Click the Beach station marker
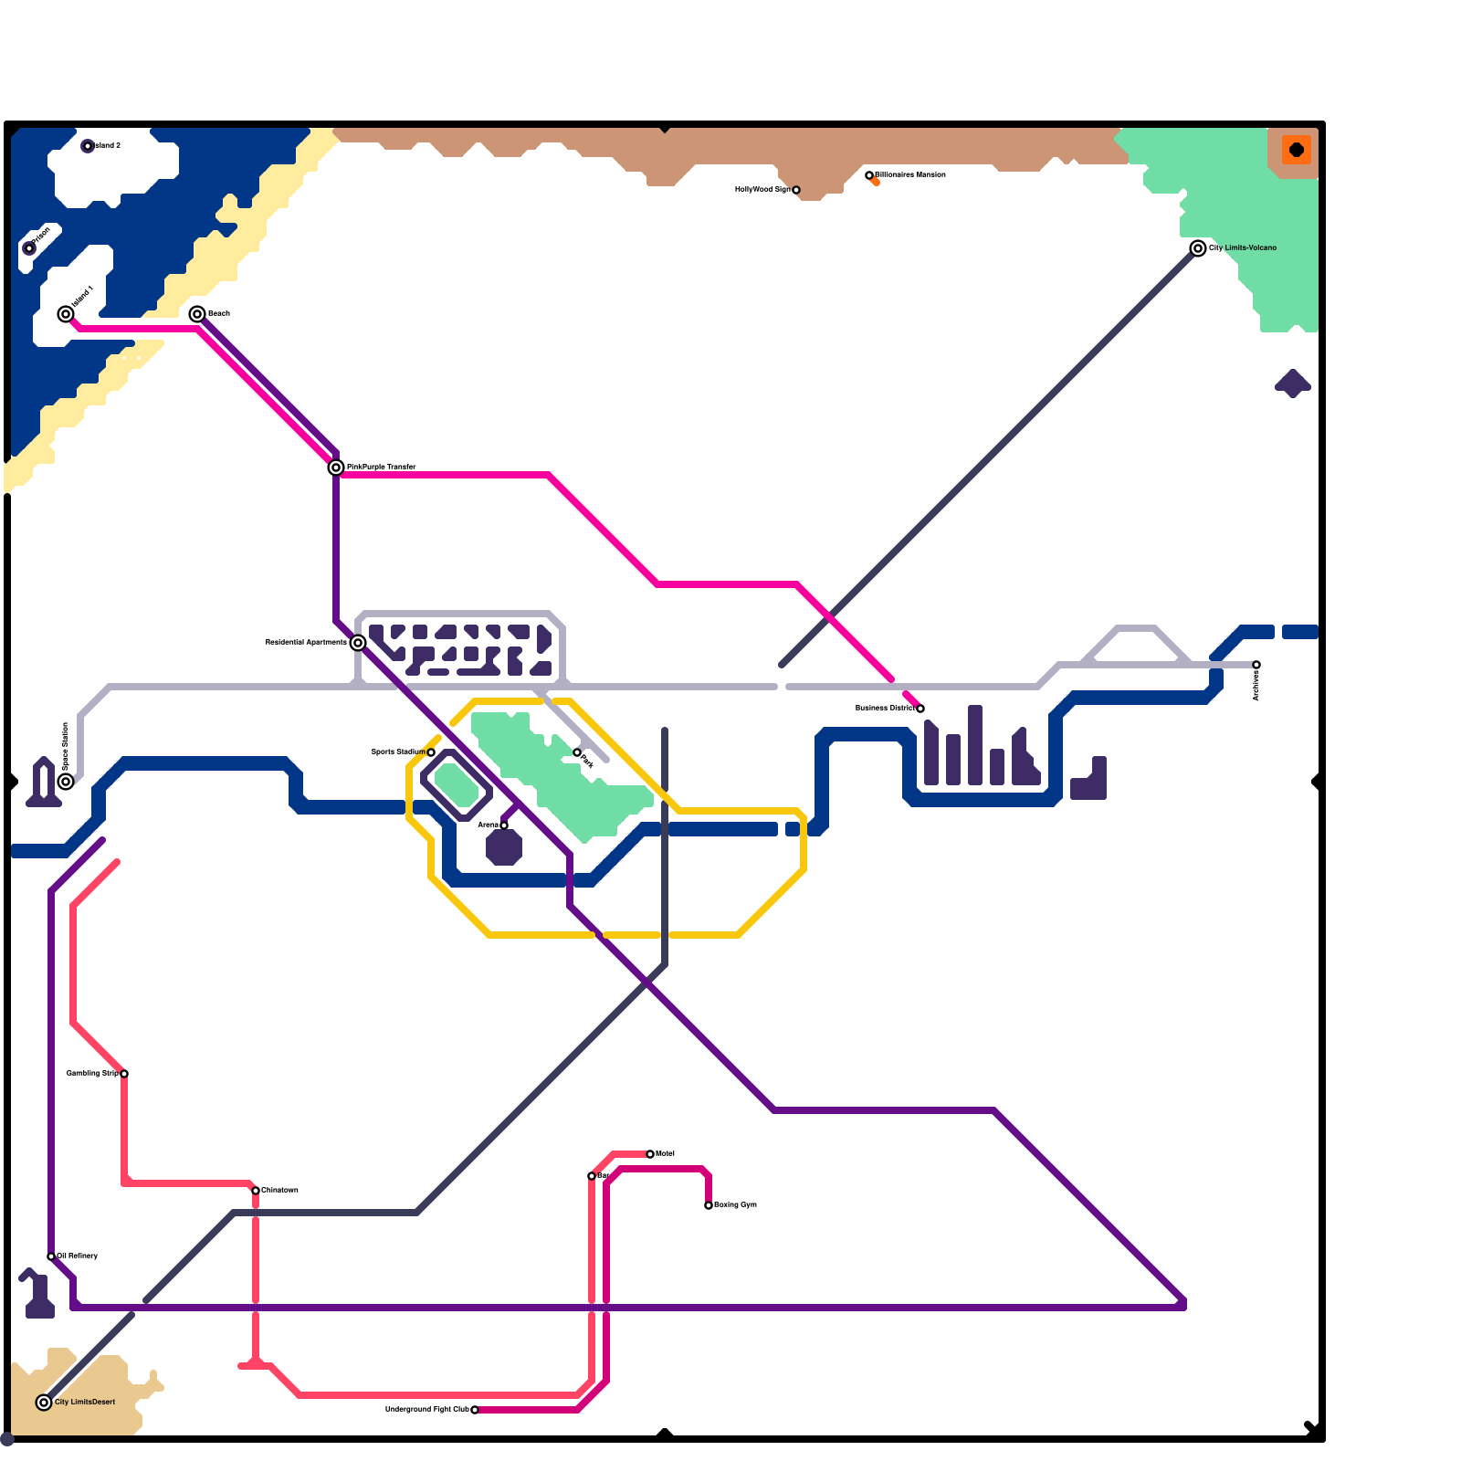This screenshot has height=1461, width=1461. [197, 314]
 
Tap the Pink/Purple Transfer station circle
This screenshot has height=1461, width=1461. [336, 468]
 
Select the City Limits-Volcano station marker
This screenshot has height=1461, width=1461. [1198, 248]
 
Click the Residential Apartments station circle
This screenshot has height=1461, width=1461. [358, 643]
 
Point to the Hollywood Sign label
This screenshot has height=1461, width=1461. [762, 190]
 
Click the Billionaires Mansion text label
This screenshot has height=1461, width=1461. [910, 174]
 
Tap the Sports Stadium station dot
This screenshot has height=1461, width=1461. [431, 752]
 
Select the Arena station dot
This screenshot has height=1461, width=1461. [504, 825]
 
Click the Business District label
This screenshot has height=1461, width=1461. [884, 708]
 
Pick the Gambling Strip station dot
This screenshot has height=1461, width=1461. [124, 1074]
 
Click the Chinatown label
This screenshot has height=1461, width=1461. [280, 1190]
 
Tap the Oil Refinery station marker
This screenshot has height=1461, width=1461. [51, 1256]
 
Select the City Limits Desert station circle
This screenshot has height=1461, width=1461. [44, 1403]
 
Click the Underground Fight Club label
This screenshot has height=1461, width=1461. [426, 1409]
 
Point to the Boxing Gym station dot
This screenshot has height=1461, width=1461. [709, 1205]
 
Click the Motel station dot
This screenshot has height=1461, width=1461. [650, 1154]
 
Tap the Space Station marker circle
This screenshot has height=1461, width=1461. [66, 782]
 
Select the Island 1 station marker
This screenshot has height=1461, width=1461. [66, 314]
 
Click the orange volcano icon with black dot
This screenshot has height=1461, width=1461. [1296, 150]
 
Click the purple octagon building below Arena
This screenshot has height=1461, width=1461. [504, 847]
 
